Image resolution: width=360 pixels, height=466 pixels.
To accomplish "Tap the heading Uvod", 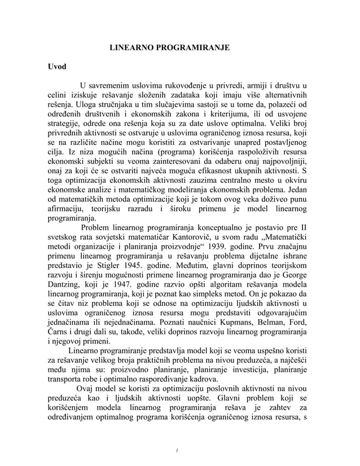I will click(x=56, y=67).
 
